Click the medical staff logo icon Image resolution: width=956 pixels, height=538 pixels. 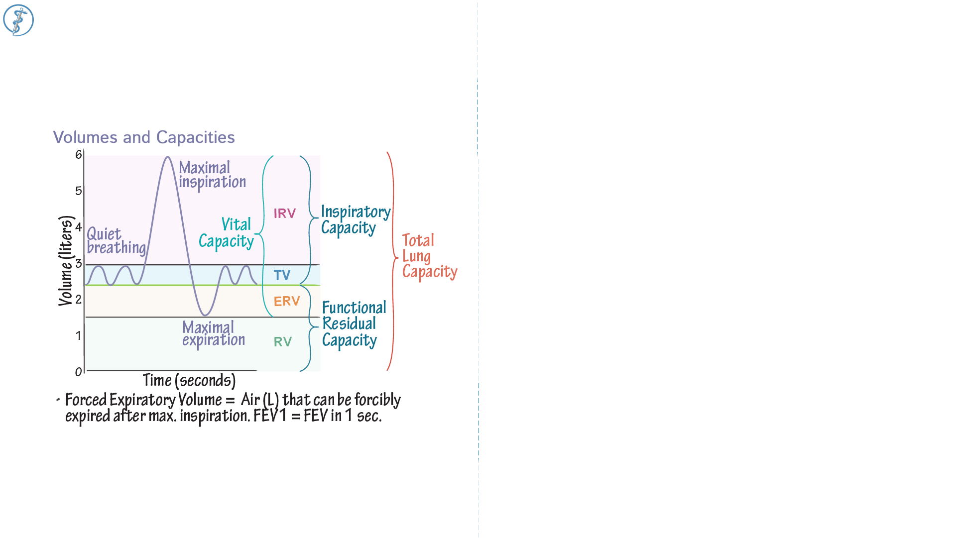pos(18,20)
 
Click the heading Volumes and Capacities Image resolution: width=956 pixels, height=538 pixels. pos(144,137)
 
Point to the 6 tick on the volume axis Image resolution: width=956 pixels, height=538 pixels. pos(79,155)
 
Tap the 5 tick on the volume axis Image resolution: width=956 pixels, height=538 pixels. pos(79,191)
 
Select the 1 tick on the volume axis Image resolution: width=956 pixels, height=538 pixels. pos(79,336)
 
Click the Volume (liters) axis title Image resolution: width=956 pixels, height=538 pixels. pos(66,261)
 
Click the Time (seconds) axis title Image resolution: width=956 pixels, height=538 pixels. pos(189,381)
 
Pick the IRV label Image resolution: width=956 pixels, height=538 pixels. pos(285,214)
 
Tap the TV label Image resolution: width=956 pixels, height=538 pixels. pos(282,275)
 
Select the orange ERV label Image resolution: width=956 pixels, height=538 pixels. pos(287,301)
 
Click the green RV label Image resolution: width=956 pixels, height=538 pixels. pos(283,342)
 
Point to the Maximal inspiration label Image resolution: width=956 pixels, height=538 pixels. pos(212,175)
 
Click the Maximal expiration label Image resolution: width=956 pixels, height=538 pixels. pos(213,334)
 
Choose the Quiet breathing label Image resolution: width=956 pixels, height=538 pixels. pos(116,241)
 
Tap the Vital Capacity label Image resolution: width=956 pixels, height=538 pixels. pos(227,233)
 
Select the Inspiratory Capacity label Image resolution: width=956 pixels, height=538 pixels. pos(356,220)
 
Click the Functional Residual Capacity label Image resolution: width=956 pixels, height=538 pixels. pos(354,324)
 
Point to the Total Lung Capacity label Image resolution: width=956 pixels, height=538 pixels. pos(429,256)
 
